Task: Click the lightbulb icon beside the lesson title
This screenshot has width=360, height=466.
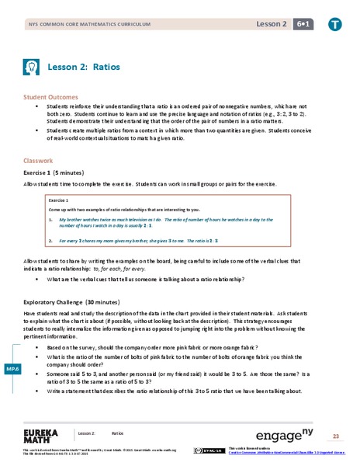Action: pos(33,66)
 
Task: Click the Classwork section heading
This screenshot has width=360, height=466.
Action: pos(38,162)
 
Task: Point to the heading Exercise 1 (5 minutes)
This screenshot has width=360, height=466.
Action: pos(59,173)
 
